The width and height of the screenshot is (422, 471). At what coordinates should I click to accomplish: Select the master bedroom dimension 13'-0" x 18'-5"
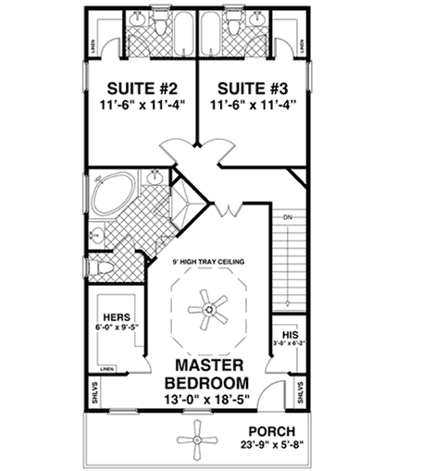click(x=205, y=401)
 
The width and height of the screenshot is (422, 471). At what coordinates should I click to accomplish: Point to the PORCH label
click(x=271, y=431)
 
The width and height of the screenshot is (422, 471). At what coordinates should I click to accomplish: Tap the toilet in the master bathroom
click(x=104, y=267)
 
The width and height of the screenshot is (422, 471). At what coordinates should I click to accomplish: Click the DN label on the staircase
click(x=287, y=217)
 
